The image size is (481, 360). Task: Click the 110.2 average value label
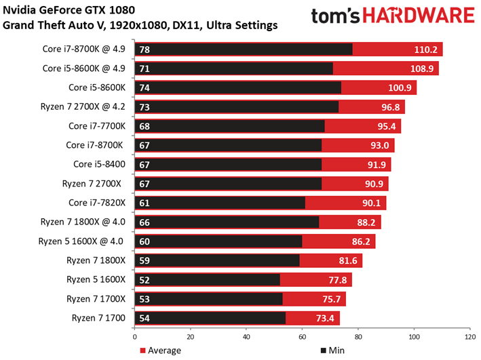pos(425,49)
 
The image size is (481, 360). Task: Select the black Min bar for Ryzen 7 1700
pos(210,318)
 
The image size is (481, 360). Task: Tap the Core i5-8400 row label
pos(99,164)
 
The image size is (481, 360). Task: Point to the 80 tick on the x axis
pos(358,337)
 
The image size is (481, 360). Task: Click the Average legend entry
pos(160,351)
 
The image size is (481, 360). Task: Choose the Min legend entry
pos(332,351)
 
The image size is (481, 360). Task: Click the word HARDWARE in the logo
pos(419,16)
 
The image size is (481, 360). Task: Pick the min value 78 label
pos(145,49)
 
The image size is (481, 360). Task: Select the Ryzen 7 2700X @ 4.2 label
pos(83,106)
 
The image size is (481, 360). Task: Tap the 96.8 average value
pos(391,107)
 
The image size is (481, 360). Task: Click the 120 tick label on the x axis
pos(470,337)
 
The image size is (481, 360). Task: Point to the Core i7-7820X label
pos(97,203)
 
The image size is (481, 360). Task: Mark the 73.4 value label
pos(325,318)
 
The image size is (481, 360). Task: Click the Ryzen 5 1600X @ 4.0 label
pos(81,241)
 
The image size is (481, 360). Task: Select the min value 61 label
pos(145,203)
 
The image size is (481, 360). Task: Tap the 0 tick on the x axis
pos(135,337)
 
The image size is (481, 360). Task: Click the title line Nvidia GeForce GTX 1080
pos(69,10)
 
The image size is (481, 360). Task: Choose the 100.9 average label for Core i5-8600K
pos(400,87)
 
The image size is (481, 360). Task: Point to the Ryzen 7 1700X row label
pos(96,299)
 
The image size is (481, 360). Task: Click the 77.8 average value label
pos(338,280)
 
